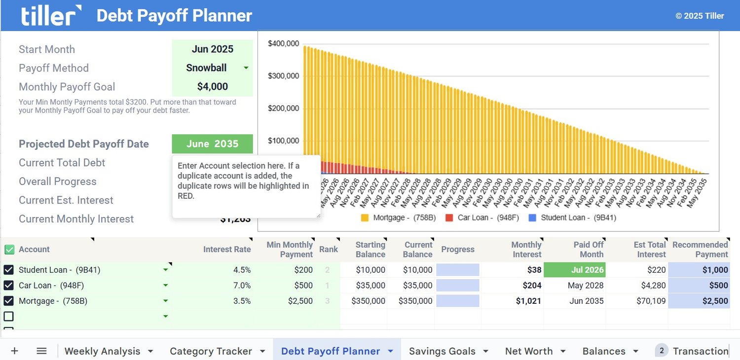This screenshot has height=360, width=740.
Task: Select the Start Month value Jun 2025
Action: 212,49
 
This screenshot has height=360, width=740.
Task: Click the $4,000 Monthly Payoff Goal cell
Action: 212,87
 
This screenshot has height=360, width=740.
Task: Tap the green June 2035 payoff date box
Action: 212,144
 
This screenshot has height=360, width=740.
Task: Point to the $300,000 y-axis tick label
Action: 283,76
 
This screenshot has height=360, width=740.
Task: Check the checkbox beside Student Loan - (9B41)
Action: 9,270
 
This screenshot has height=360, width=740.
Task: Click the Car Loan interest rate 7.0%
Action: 242,286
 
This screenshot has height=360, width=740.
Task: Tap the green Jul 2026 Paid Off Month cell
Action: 574,270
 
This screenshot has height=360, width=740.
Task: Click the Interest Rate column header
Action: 226,250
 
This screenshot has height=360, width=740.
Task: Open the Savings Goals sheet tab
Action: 442,351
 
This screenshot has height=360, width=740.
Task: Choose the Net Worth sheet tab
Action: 528,351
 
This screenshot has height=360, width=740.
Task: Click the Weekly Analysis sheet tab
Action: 102,351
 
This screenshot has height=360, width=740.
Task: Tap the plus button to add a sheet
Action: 15,351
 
